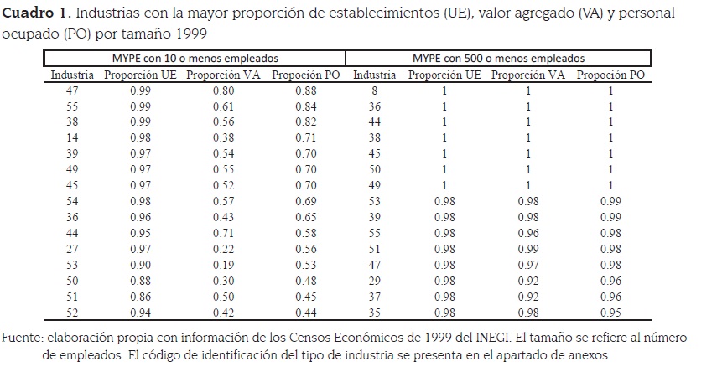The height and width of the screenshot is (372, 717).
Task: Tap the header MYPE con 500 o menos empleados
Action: [x=498, y=59]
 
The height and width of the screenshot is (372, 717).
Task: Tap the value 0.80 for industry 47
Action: [x=222, y=90]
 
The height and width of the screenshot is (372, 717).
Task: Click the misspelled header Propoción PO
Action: [x=306, y=75]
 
